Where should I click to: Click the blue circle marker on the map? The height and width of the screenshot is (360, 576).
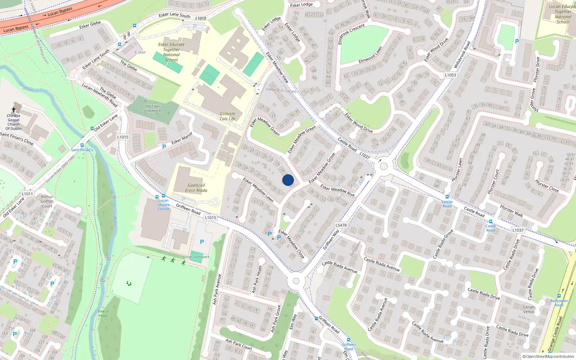coord(288,180)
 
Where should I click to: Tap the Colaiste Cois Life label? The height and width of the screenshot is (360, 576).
coord(228,116)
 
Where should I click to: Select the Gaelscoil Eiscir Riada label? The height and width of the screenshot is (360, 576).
coord(196,188)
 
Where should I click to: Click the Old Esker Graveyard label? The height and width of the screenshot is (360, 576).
coord(152,108)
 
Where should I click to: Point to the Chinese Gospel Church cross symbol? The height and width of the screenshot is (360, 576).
coord(14,110)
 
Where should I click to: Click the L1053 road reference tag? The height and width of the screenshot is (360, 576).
coord(450,75)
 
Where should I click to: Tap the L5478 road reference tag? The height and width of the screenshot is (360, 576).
coord(341,225)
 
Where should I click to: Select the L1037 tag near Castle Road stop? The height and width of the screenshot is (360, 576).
coord(518,230)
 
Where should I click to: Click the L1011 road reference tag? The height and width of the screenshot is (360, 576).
coord(27,194)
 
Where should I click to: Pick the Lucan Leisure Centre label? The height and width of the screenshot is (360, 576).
coord(163,204)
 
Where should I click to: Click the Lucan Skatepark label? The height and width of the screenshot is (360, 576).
coord(196,257)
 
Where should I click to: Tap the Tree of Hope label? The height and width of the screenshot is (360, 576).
coord(103,314)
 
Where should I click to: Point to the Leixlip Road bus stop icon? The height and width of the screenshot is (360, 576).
coord(447,197)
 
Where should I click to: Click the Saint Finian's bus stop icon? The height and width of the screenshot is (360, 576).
coord(82,145)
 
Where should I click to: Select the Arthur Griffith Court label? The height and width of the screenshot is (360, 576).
coord(47,202)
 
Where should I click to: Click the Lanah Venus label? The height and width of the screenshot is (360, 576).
coord(529,309)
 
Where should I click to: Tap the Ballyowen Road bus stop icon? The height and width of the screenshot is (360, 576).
coord(559,296)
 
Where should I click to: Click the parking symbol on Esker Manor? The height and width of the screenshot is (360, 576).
coord(164,147)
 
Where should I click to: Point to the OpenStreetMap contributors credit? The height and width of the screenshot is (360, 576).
coord(548,357)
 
